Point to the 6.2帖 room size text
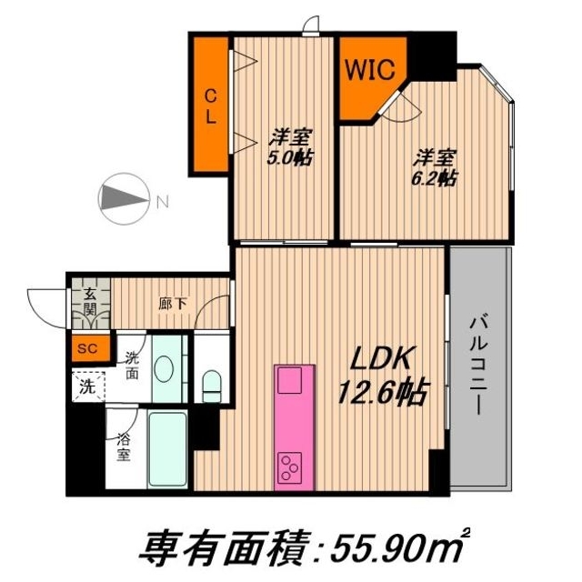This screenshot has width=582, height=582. (434, 166)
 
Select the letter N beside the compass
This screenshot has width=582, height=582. (162, 201)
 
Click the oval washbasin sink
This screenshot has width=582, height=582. (165, 370)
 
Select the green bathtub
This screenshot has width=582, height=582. (166, 451)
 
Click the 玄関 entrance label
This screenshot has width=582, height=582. (92, 301)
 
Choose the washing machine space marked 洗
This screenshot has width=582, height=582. (86, 384)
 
